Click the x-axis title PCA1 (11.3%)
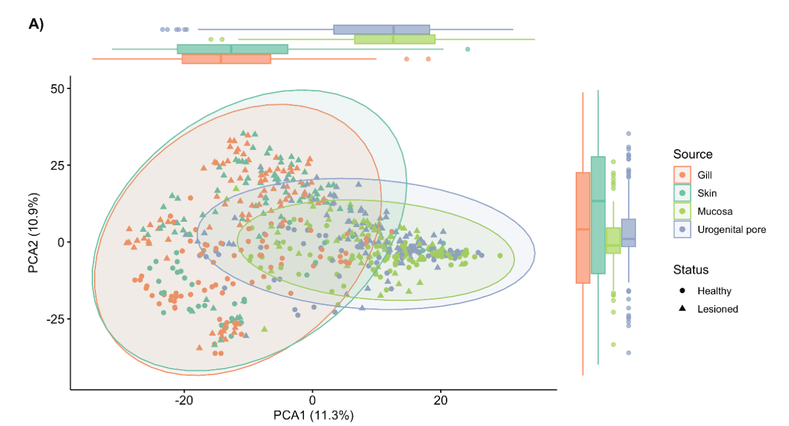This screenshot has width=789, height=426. click(313, 416)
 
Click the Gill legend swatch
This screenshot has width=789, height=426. click(682, 175)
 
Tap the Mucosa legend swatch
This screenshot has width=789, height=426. click(682, 211)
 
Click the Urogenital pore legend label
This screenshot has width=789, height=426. click(731, 229)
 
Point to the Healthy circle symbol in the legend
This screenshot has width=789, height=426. click(682, 291)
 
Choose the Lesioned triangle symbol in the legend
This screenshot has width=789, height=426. click(682, 308)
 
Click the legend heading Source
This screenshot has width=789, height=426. click(693, 154)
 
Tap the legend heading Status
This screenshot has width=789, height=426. click(691, 270)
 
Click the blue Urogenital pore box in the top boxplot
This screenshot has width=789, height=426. click(382, 30)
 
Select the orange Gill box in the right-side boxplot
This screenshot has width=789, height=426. click(583, 228)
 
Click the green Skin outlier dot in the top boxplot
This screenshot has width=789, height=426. click(468, 49)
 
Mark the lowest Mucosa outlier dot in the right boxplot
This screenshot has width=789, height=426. click(613, 345)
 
